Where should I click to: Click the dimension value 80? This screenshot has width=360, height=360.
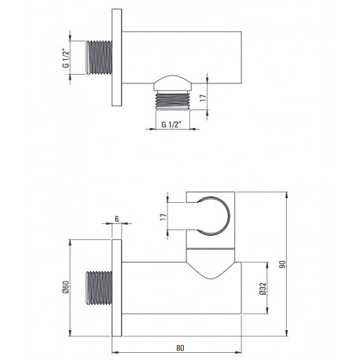[x=180, y=347]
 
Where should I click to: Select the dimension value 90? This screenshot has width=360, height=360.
[x=282, y=264]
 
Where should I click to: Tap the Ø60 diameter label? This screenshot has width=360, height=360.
[x=66, y=287]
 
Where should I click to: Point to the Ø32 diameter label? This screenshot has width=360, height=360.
[x=263, y=288]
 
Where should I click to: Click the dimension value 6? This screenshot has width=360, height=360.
[x=117, y=219]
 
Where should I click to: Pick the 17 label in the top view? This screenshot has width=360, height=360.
[x=203, y=98]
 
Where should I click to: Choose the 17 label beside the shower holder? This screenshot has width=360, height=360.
[x=163, y=217]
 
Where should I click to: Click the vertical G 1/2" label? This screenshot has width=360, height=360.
[x=66, y=58]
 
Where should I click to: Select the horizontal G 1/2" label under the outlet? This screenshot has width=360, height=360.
[x=171, y=124]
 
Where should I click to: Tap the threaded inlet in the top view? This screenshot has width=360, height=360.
[x=99, y=57]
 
